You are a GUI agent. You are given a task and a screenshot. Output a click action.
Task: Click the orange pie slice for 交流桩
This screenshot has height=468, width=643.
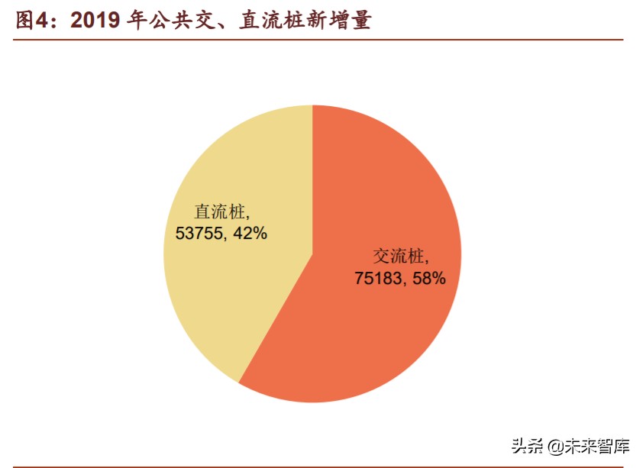[382, 321]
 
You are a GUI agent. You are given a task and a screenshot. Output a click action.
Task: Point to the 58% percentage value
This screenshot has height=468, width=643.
[428, 278]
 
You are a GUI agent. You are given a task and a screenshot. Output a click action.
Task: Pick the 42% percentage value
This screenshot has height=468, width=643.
[249, 234]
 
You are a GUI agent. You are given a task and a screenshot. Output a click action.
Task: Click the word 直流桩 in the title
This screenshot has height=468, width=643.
[270, 21]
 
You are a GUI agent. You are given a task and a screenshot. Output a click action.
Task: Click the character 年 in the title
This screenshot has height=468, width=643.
[137, 21]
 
